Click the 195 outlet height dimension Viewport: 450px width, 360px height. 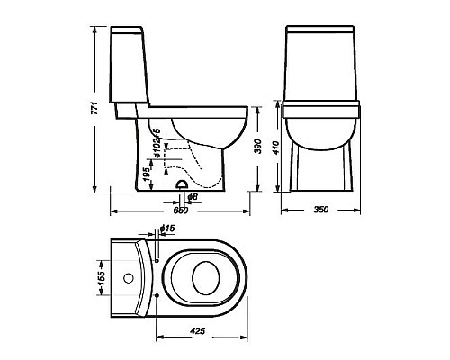pos(147,172)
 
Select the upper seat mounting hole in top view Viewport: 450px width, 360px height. pos(157,260)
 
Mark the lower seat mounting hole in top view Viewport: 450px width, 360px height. pos(157,295)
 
